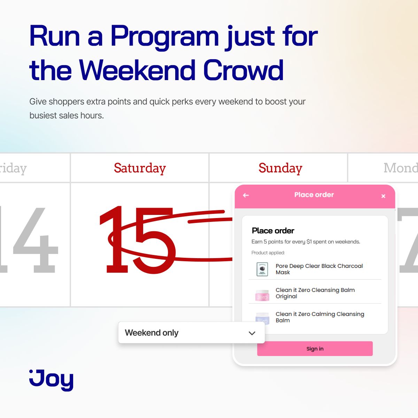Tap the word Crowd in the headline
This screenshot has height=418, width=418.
coord(243,70)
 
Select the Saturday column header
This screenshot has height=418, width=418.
coord(140,168)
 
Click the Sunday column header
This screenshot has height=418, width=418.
coord(280,168)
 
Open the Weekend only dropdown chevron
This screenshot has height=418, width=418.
coord(252,333)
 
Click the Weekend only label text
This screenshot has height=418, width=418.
coord(152,333)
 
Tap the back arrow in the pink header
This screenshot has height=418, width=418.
coord(246,195)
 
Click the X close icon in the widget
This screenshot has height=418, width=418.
coord(383,196)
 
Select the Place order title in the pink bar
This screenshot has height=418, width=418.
coord(314,195)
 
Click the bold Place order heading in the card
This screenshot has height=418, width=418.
coord(273,231)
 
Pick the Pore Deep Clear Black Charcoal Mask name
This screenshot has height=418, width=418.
coord(319,269)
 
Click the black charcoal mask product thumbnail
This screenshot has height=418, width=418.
coord(262,269)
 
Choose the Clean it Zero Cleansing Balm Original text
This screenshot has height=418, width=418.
coord(315,293)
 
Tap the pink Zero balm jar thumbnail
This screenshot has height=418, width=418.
coord(262,295)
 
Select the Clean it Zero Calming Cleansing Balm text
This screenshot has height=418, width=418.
coord(319,317)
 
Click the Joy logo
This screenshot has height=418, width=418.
coord(51,380)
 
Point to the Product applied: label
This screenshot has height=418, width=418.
coord(268,253)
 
